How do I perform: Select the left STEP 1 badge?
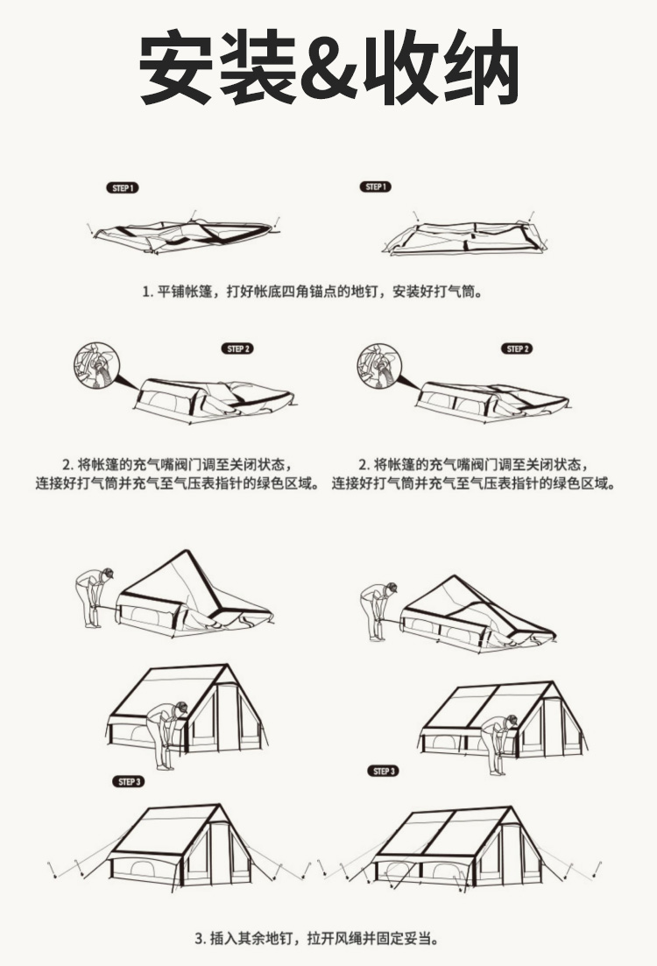123,188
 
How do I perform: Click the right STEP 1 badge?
375,187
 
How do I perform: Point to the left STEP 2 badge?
238,349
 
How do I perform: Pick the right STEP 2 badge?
517,349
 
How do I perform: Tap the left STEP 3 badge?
129,782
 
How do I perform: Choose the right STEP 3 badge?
384,771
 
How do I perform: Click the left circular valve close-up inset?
95,366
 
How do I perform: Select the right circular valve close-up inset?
378,366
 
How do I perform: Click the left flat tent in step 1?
184,235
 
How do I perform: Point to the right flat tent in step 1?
465,236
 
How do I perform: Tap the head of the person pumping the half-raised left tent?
106,574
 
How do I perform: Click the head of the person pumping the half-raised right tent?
390,589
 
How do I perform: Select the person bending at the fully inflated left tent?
166,735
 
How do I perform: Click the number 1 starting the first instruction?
146,292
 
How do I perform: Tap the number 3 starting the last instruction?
199,939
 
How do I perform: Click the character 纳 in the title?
480,67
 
